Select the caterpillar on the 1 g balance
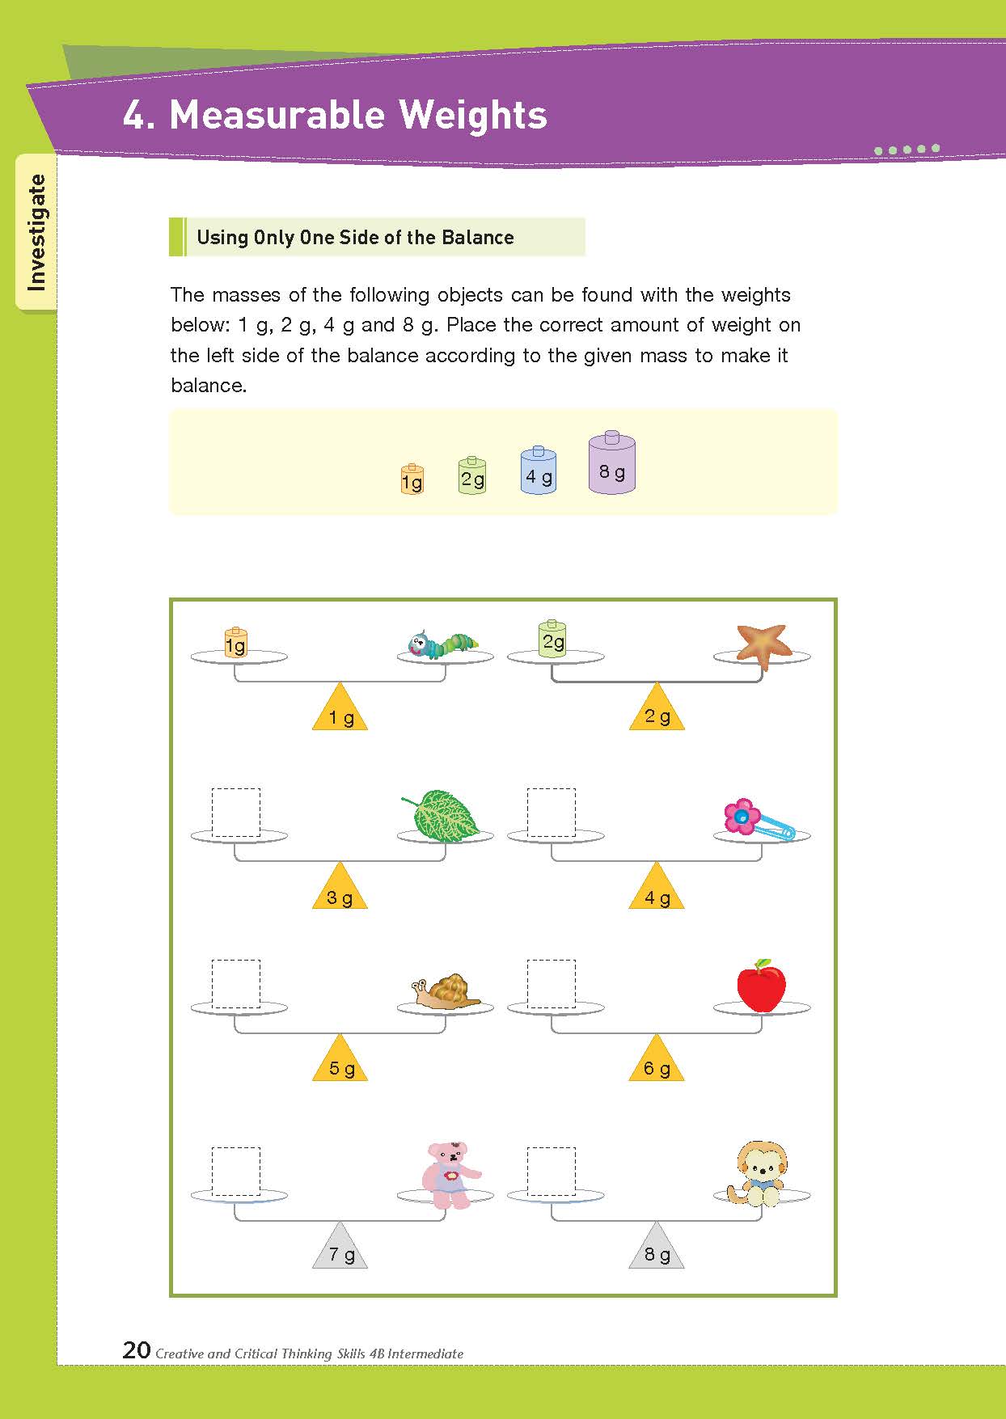(x=442, y=644)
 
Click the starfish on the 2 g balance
(x=763, y=645)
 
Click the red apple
(x=761, y=986)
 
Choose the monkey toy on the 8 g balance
(x=760, y=1174)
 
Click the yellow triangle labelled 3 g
(x=340, y=885)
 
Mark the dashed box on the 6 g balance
(x=552, y=984)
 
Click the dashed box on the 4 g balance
(x=552, y=813)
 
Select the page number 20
(x=137, y=1349)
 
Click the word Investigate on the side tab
(x=36, y=232)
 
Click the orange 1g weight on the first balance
(x=235, y=643)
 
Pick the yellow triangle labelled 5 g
(x=340, y=1058)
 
